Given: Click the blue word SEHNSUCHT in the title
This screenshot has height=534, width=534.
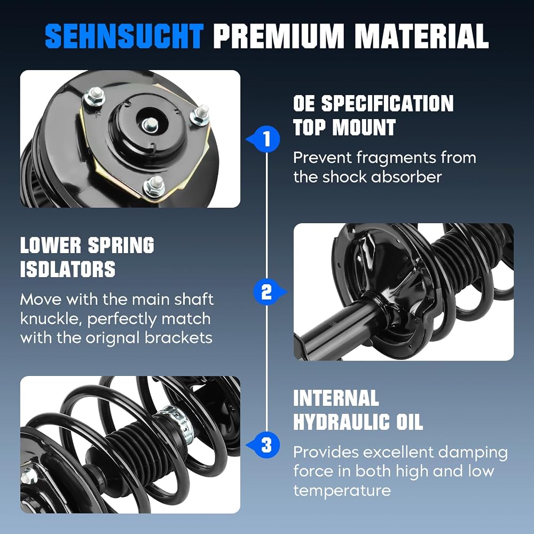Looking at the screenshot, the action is (x=124, y=36).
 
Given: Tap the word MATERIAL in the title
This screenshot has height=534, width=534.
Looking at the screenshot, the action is (x=422, y=36).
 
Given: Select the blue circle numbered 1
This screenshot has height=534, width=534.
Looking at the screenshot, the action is (x=267, y=139).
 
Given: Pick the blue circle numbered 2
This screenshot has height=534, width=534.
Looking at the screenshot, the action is (x=266, y=292).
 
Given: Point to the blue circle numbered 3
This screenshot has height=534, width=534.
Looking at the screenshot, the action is (x=267, y=445).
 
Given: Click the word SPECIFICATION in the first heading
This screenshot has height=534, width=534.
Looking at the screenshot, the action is (x=388, y=103).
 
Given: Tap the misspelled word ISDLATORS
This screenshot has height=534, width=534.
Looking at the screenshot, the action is (x=68, y=269).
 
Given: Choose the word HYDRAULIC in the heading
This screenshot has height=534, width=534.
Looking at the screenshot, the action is (x=342, y=422).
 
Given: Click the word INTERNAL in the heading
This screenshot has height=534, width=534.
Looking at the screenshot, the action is (x=336, y=398).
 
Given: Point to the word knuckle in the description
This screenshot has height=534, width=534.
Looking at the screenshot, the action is (x=51, y=319).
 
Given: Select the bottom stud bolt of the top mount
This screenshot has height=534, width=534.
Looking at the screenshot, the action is (x=155, y=186).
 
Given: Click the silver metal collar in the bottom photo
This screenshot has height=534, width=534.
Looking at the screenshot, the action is (x=176, y=422).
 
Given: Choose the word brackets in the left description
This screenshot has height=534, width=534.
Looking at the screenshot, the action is (x=178, y=338).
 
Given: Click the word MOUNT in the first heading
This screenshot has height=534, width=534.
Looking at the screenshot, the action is (x=364, y=128).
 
